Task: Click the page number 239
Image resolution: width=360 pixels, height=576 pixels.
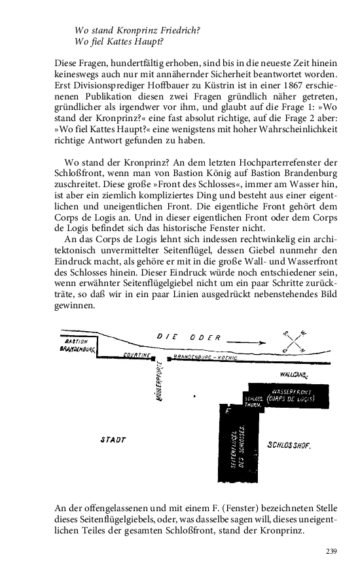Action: (331, 551)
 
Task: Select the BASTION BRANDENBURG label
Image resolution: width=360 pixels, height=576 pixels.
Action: (77, 345)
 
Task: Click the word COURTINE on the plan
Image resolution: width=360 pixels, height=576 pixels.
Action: (137, 355)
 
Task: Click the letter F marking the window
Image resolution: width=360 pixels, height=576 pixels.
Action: (227, 412)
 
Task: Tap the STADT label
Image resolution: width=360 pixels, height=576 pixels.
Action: (113, 441)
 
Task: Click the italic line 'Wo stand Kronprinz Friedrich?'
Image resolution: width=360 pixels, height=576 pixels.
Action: (137, 31)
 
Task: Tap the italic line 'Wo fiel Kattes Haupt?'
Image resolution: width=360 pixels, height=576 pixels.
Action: (119, 43)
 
